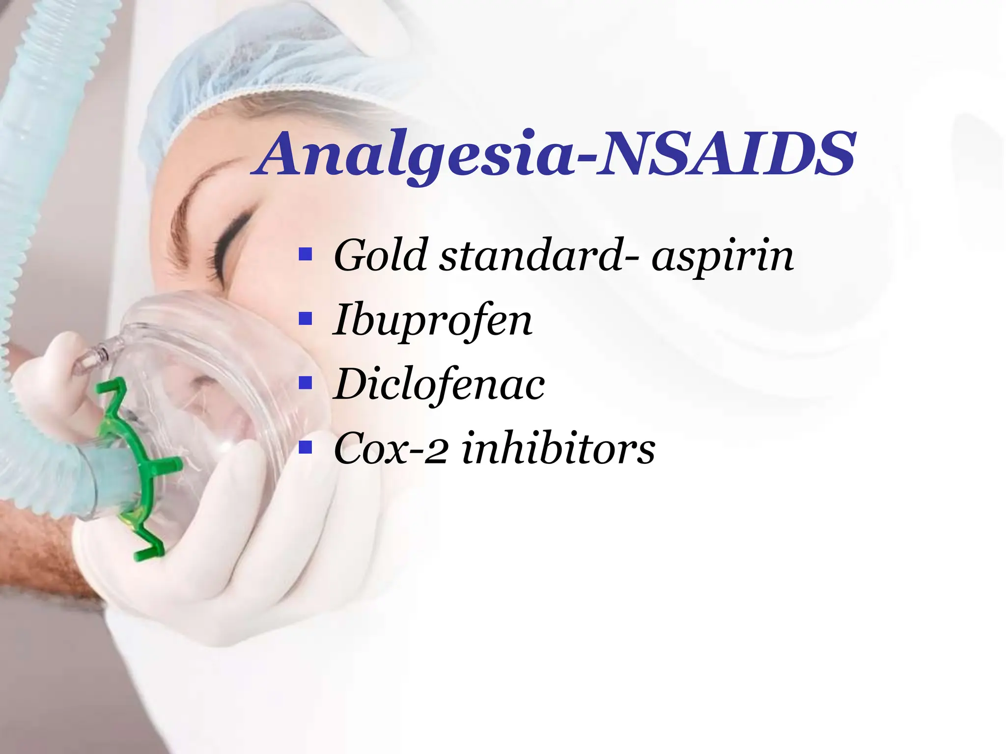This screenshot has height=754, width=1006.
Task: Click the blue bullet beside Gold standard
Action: pos(306,254)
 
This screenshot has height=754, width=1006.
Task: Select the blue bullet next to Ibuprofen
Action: pos(306,319)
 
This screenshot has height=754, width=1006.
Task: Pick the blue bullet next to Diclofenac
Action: pos(306,383)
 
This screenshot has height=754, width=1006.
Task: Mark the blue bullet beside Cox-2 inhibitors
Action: pos(306,447)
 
